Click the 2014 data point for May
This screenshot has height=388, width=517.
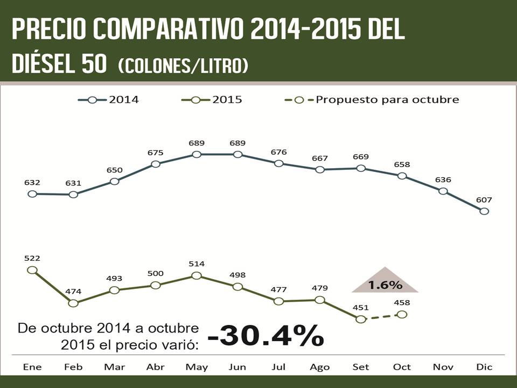197,155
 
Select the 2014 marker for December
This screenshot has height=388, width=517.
484,211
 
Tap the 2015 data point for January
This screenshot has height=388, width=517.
32,270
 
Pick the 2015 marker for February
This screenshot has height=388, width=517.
73,303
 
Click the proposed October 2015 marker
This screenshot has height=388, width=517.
402,314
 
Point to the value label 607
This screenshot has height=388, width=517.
484,200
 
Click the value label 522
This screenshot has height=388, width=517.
32,259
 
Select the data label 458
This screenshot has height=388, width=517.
402,303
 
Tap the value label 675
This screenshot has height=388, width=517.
155,153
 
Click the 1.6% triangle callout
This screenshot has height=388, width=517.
385,282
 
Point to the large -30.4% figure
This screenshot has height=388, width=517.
266,336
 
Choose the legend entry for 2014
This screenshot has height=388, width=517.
109,100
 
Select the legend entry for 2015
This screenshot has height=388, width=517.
212,100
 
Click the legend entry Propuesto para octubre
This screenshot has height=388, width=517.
372,100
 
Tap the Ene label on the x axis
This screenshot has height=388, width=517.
32,367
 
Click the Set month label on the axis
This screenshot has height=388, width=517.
361,367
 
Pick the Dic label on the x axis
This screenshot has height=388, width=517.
484,367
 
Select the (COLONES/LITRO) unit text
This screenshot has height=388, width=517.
183,66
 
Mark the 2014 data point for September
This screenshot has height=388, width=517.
361,168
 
